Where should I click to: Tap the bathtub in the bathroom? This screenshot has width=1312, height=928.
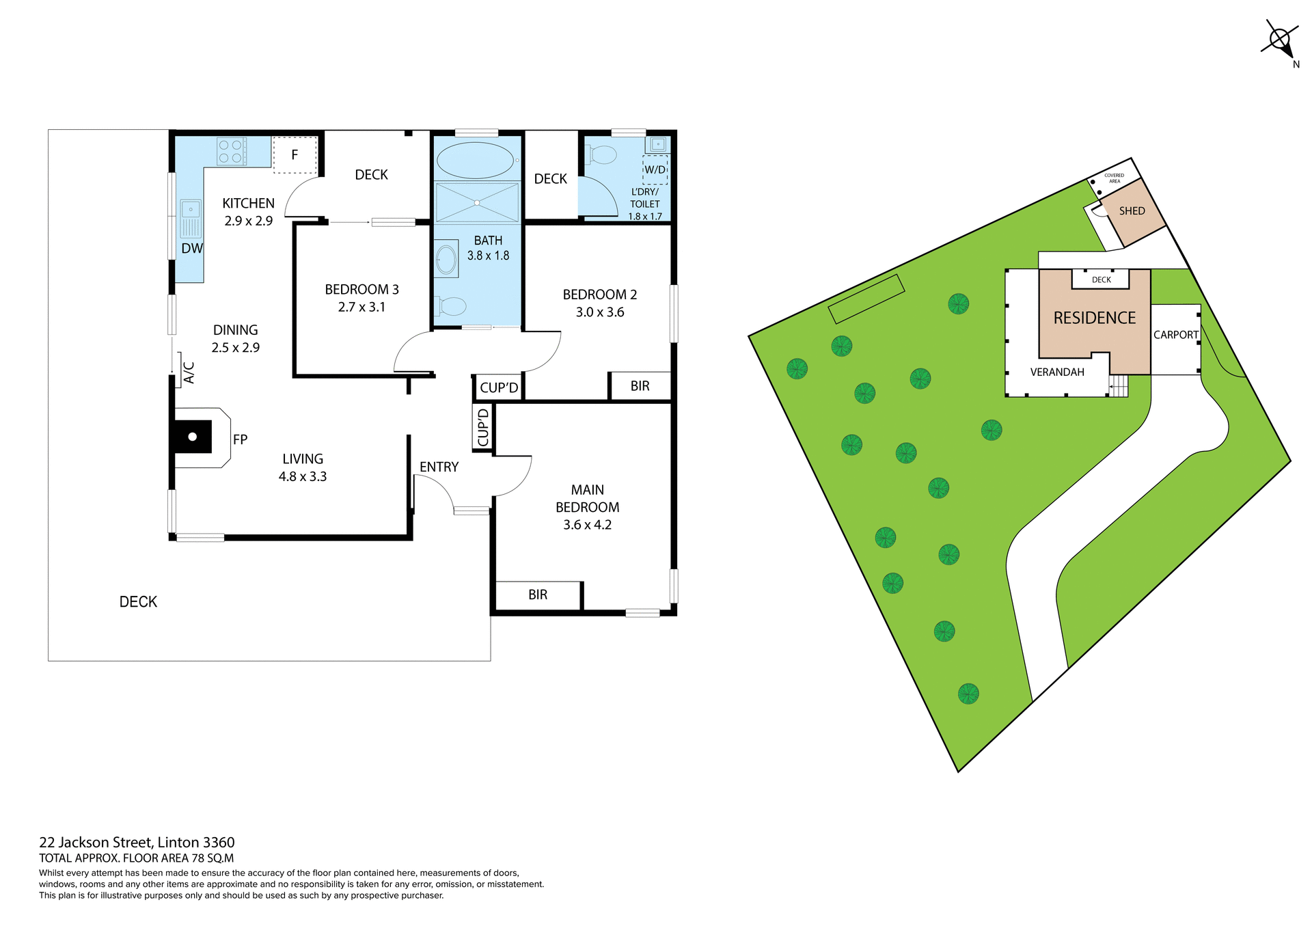click(475, 161)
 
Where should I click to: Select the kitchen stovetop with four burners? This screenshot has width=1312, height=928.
click(231, 151)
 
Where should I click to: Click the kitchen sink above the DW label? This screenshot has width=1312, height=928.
click(191, 217)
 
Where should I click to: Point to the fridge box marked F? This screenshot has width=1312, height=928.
click(295, 155)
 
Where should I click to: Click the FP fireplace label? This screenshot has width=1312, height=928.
click(240, 439)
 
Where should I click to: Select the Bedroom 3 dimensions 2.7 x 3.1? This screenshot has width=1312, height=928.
click(361, 308)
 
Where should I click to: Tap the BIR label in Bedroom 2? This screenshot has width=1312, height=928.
click(640, 386)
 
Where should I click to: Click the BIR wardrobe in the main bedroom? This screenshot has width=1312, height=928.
click(538, 595)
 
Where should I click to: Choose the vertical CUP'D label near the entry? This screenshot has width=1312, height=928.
click(483, 428)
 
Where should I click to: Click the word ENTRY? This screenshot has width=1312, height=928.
click(439, 467)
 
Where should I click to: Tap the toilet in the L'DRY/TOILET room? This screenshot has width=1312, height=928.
click(601, 155)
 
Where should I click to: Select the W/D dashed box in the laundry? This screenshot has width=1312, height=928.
click(655, 169)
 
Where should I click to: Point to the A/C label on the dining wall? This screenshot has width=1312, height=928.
click(189, 373)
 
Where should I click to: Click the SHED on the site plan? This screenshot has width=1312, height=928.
click(1132, 211)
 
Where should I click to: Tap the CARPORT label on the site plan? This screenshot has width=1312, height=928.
click(1175, 335)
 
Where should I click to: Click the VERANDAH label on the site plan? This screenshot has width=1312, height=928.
click(1057, 372)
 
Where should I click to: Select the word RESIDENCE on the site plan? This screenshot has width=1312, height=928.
click(1094, 318)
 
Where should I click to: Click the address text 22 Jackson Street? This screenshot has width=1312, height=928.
click(137, 842)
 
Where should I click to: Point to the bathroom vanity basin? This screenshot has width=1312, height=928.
click(446, 259)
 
